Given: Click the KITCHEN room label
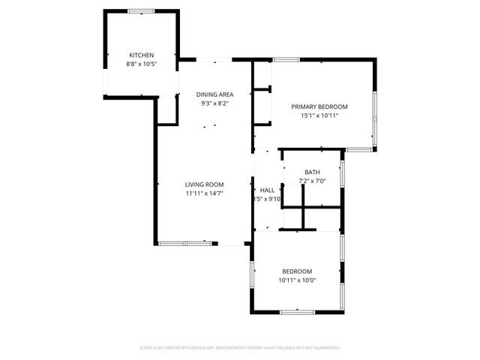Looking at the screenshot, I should tap(141, 55).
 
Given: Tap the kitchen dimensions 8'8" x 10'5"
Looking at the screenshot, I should tap(141, 64).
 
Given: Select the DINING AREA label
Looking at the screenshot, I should tap(215, 94).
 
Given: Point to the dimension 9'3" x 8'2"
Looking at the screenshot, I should tap(215, 103).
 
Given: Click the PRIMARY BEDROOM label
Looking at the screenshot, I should tap(319, 106).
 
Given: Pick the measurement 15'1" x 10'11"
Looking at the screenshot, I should tap(319, 115).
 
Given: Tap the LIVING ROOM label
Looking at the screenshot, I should tap(205, 184).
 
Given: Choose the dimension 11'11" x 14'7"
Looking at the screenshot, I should tap(205, 193).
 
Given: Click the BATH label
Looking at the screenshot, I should tap(312, 172).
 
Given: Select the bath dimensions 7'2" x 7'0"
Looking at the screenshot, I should tap(312, 181).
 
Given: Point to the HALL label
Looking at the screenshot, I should tap(268, 190).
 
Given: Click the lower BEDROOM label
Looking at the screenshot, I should tap(297, 271).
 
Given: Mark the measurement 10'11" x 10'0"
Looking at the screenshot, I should tap(297, 280).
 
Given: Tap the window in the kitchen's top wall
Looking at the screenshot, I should tap(141, 10).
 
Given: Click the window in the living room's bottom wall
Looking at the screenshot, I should tap(184, 243).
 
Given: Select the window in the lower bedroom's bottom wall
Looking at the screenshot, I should tap(298, 311).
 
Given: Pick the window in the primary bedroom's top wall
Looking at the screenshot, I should tap(286, 59).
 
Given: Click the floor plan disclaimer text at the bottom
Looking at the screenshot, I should tap(240, 348).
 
